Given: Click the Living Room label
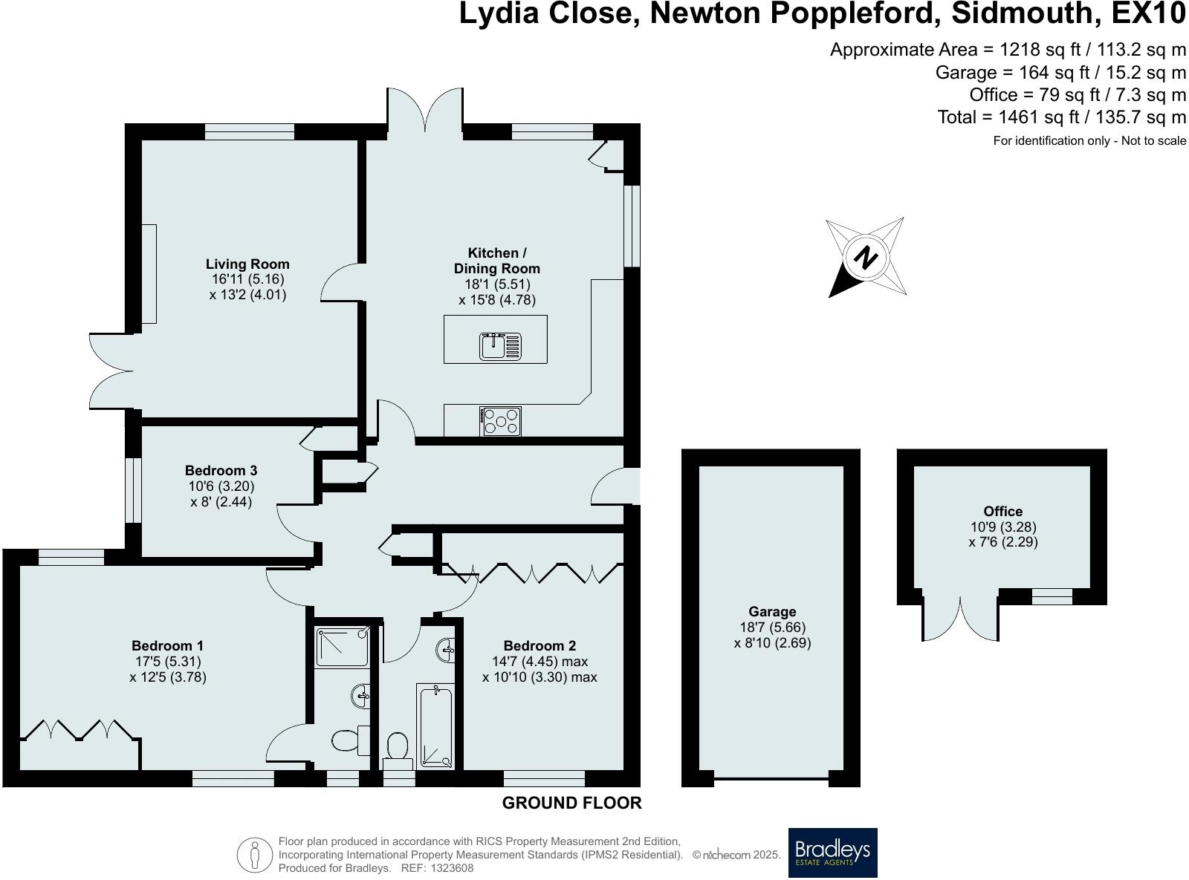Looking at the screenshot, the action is coord(247,264).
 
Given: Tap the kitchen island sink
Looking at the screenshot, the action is coord(500,345).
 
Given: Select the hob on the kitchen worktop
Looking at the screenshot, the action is coord(500,421).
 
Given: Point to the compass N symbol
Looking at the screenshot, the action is coord(865,258).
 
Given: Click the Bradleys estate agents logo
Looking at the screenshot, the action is coord(832,852).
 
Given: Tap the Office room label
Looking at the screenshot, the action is coord(1003,511).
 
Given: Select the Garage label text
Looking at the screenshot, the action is coord(772,611).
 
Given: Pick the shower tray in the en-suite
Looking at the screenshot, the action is coord(342,648).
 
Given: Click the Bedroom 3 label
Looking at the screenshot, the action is coord(221,470).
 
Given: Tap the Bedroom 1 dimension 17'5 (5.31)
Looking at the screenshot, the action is coord(168,662).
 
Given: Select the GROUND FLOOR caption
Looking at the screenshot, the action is coord(571,803).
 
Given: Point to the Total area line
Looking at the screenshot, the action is coord(1061,117).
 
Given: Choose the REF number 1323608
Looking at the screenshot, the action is coord(450,868).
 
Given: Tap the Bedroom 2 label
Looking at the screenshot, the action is coord(540,645).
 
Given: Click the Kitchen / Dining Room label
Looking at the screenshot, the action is coord(497,261).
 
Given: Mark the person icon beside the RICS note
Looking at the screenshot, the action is coord(255,855).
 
